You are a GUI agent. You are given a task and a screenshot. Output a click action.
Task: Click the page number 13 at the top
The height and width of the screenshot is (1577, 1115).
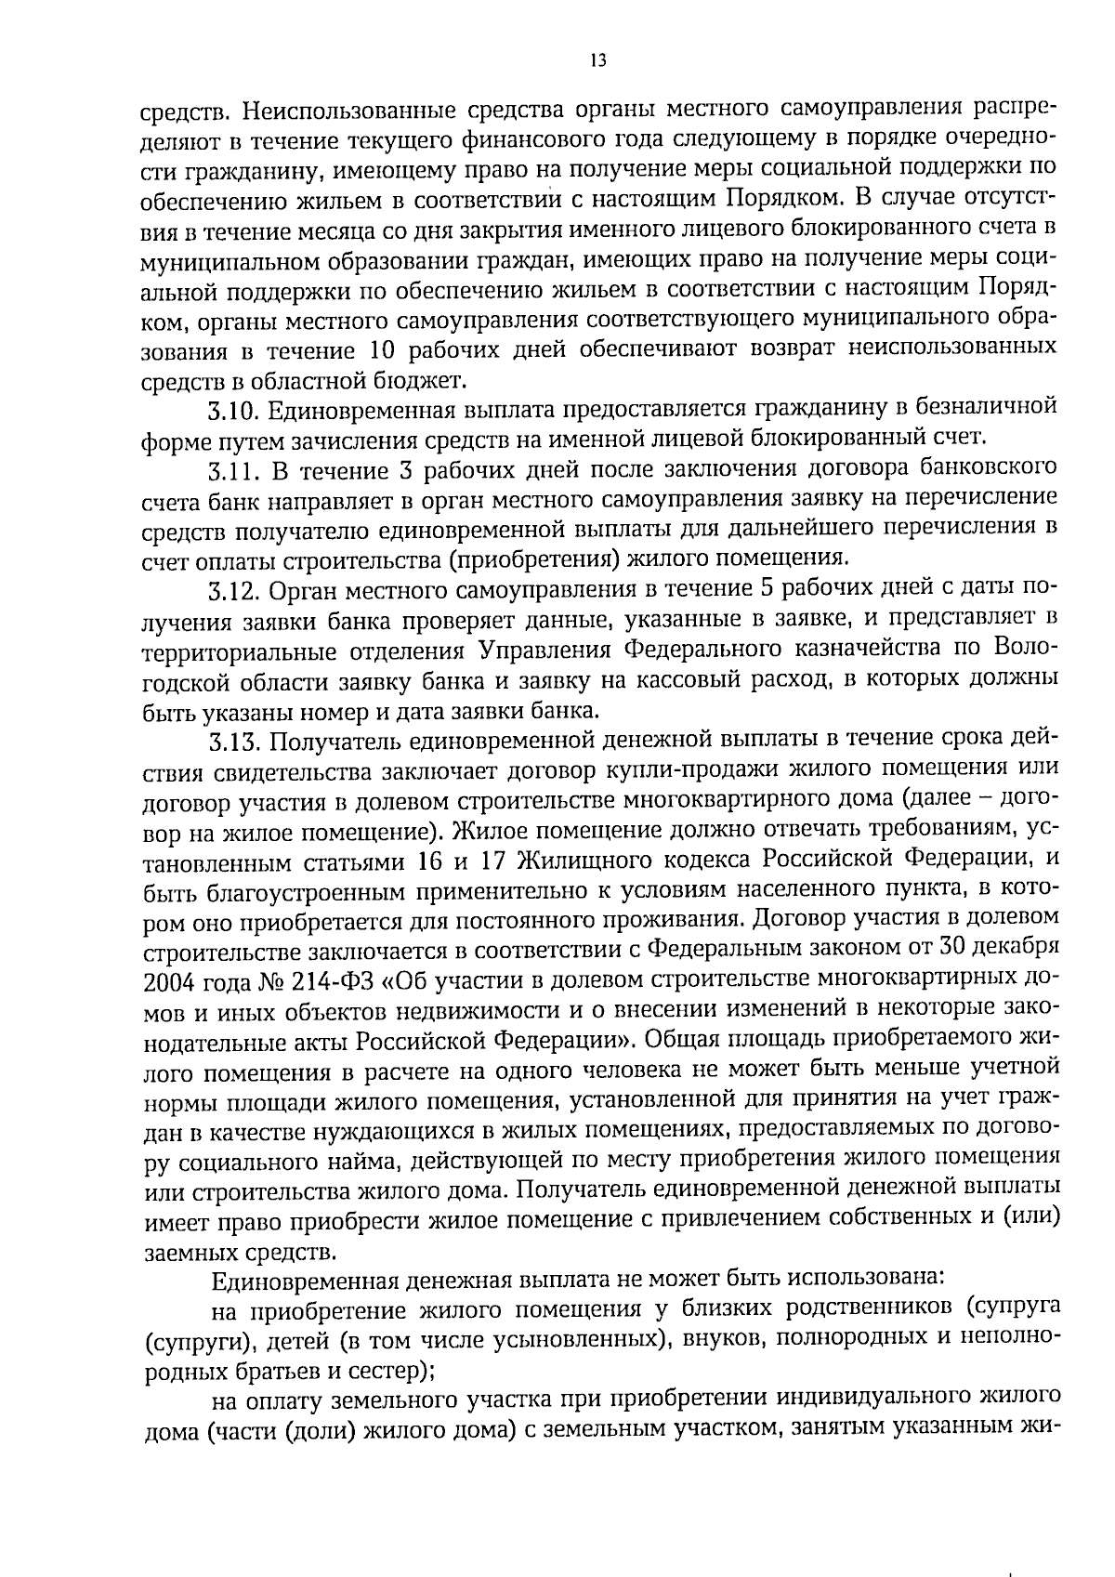click(x=597, y=60)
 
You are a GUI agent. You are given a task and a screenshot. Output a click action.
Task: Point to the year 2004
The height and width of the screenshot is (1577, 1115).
click(x=167, y=981)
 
